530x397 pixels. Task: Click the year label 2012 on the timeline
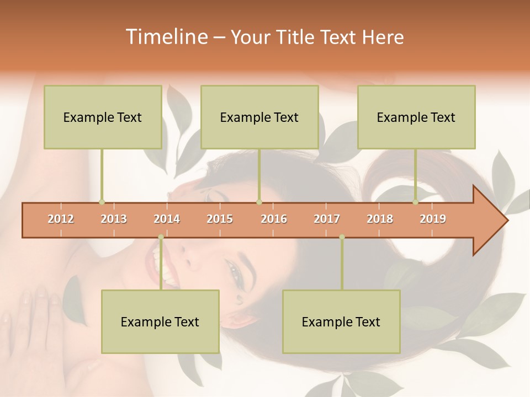point(61,219)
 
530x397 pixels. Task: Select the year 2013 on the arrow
point(114,219)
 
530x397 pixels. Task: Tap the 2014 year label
point(167,219)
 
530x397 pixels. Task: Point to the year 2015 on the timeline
point(220,219)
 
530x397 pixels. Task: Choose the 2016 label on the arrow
point(274,219)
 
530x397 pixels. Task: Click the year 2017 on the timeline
point(327,219)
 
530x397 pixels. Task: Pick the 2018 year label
point(380,219)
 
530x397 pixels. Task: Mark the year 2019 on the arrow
point(433,219)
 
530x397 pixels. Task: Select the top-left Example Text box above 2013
point(103,117)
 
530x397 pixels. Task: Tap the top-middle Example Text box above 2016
point(259,117)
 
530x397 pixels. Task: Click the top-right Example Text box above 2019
point(416,117)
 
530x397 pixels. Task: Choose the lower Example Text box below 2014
point(160,321)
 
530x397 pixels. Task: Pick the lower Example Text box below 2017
point(341,321)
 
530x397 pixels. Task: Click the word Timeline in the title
point(166,37)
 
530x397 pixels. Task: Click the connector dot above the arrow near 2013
point(102,202)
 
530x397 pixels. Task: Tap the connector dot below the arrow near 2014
point(161,237)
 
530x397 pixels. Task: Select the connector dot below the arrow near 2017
point(342,237)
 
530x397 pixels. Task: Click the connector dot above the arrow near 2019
point(415,202)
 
